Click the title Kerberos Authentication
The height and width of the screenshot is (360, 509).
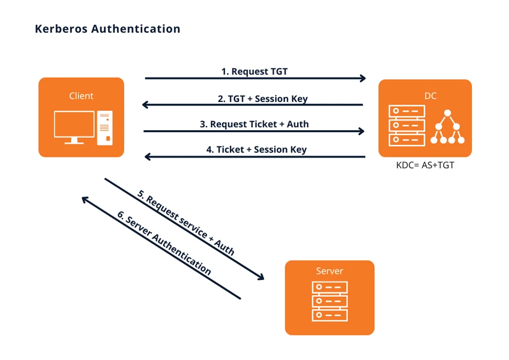coord(108,29)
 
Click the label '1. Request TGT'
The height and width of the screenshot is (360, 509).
coord(254,71)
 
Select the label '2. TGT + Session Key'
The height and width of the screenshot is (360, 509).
coord(255,98)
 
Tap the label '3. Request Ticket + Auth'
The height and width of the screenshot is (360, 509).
coord(254,124)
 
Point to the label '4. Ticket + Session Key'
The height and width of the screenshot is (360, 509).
coord(256,149)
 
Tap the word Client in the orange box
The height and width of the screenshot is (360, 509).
coord(81,96)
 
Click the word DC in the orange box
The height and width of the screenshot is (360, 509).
coord(424,96)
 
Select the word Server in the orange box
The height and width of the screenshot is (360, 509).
coord(329,271)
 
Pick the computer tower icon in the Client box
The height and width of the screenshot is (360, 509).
coord(104,127)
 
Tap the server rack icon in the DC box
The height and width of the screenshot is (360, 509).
coord(407,125)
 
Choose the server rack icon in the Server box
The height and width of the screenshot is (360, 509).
coord(329,301)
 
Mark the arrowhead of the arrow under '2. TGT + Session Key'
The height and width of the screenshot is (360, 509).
coord(146,105)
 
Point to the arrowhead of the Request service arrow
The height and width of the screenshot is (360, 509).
coord(261,277)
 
